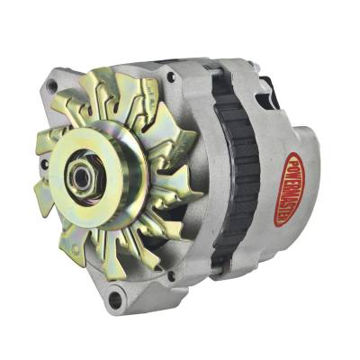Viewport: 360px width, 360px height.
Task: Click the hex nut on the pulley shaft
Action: [x=81, y=176]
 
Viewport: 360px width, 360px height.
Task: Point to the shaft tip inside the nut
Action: [x=80, y=177]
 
